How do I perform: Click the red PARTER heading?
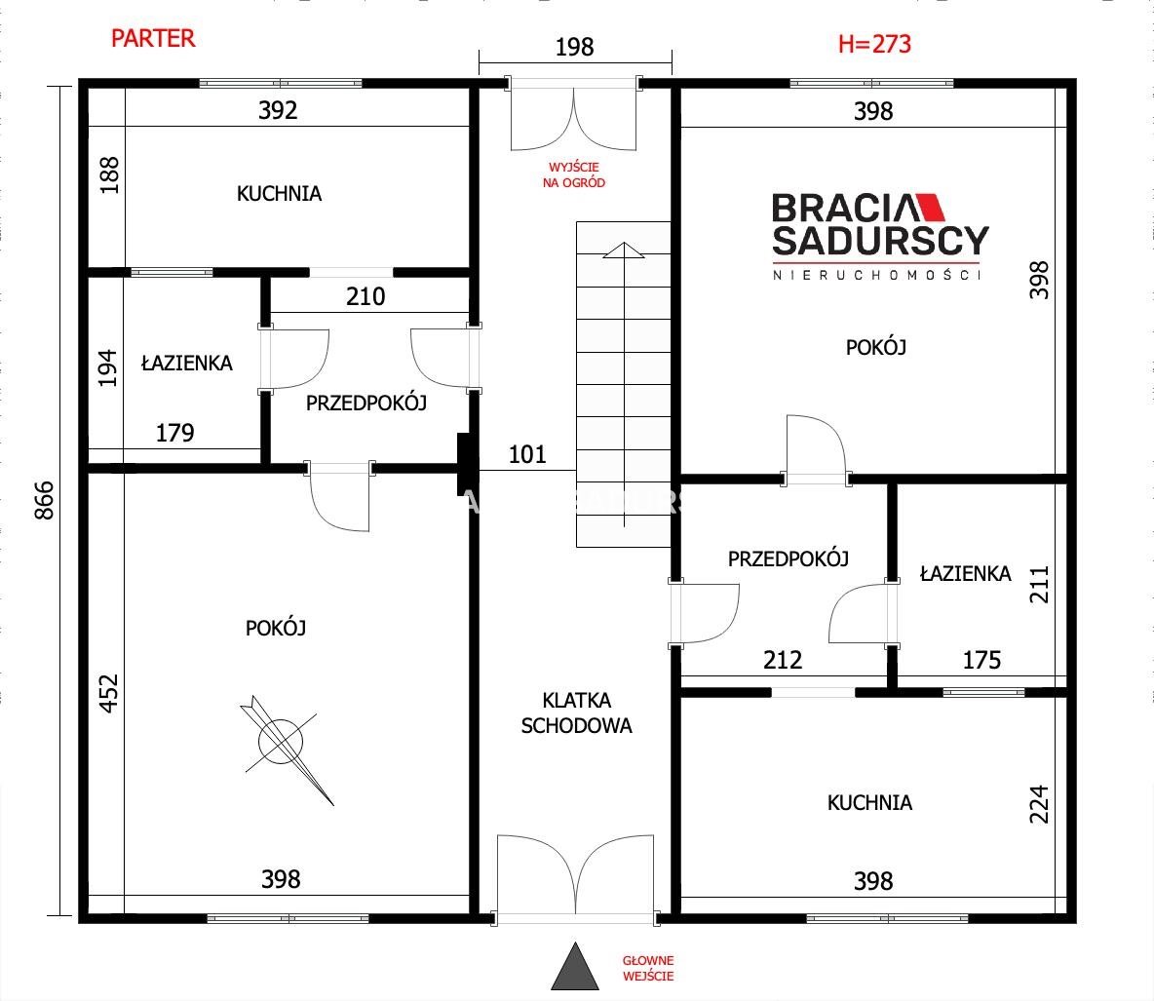(x=153, y=38)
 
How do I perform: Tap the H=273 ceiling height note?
(x=874, y=44)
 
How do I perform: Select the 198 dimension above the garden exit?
(x=574, y=47)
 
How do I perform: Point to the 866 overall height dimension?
(x=45, y=501)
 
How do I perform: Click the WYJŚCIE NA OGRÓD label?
(x=574, y=175)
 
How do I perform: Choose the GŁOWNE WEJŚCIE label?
(x=648, y=968)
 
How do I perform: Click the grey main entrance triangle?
(x=575, y=968)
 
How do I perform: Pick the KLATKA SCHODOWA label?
(x=576, y=712)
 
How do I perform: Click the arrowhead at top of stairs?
(x=624, y=250)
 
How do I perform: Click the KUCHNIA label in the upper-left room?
(x=279, y=194)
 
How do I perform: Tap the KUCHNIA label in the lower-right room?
(x=869, y=802)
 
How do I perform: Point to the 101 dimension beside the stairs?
(x=527, y=454)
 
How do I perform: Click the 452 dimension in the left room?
(x=108, y=693)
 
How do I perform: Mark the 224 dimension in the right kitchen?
(x=1038, y=804)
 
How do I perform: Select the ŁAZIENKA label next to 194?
(x=187, y=363)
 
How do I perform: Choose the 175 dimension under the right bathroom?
(x=981, y=660)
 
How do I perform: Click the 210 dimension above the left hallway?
(x=365, y=296)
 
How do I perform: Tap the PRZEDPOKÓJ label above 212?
(x=789, y=559)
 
